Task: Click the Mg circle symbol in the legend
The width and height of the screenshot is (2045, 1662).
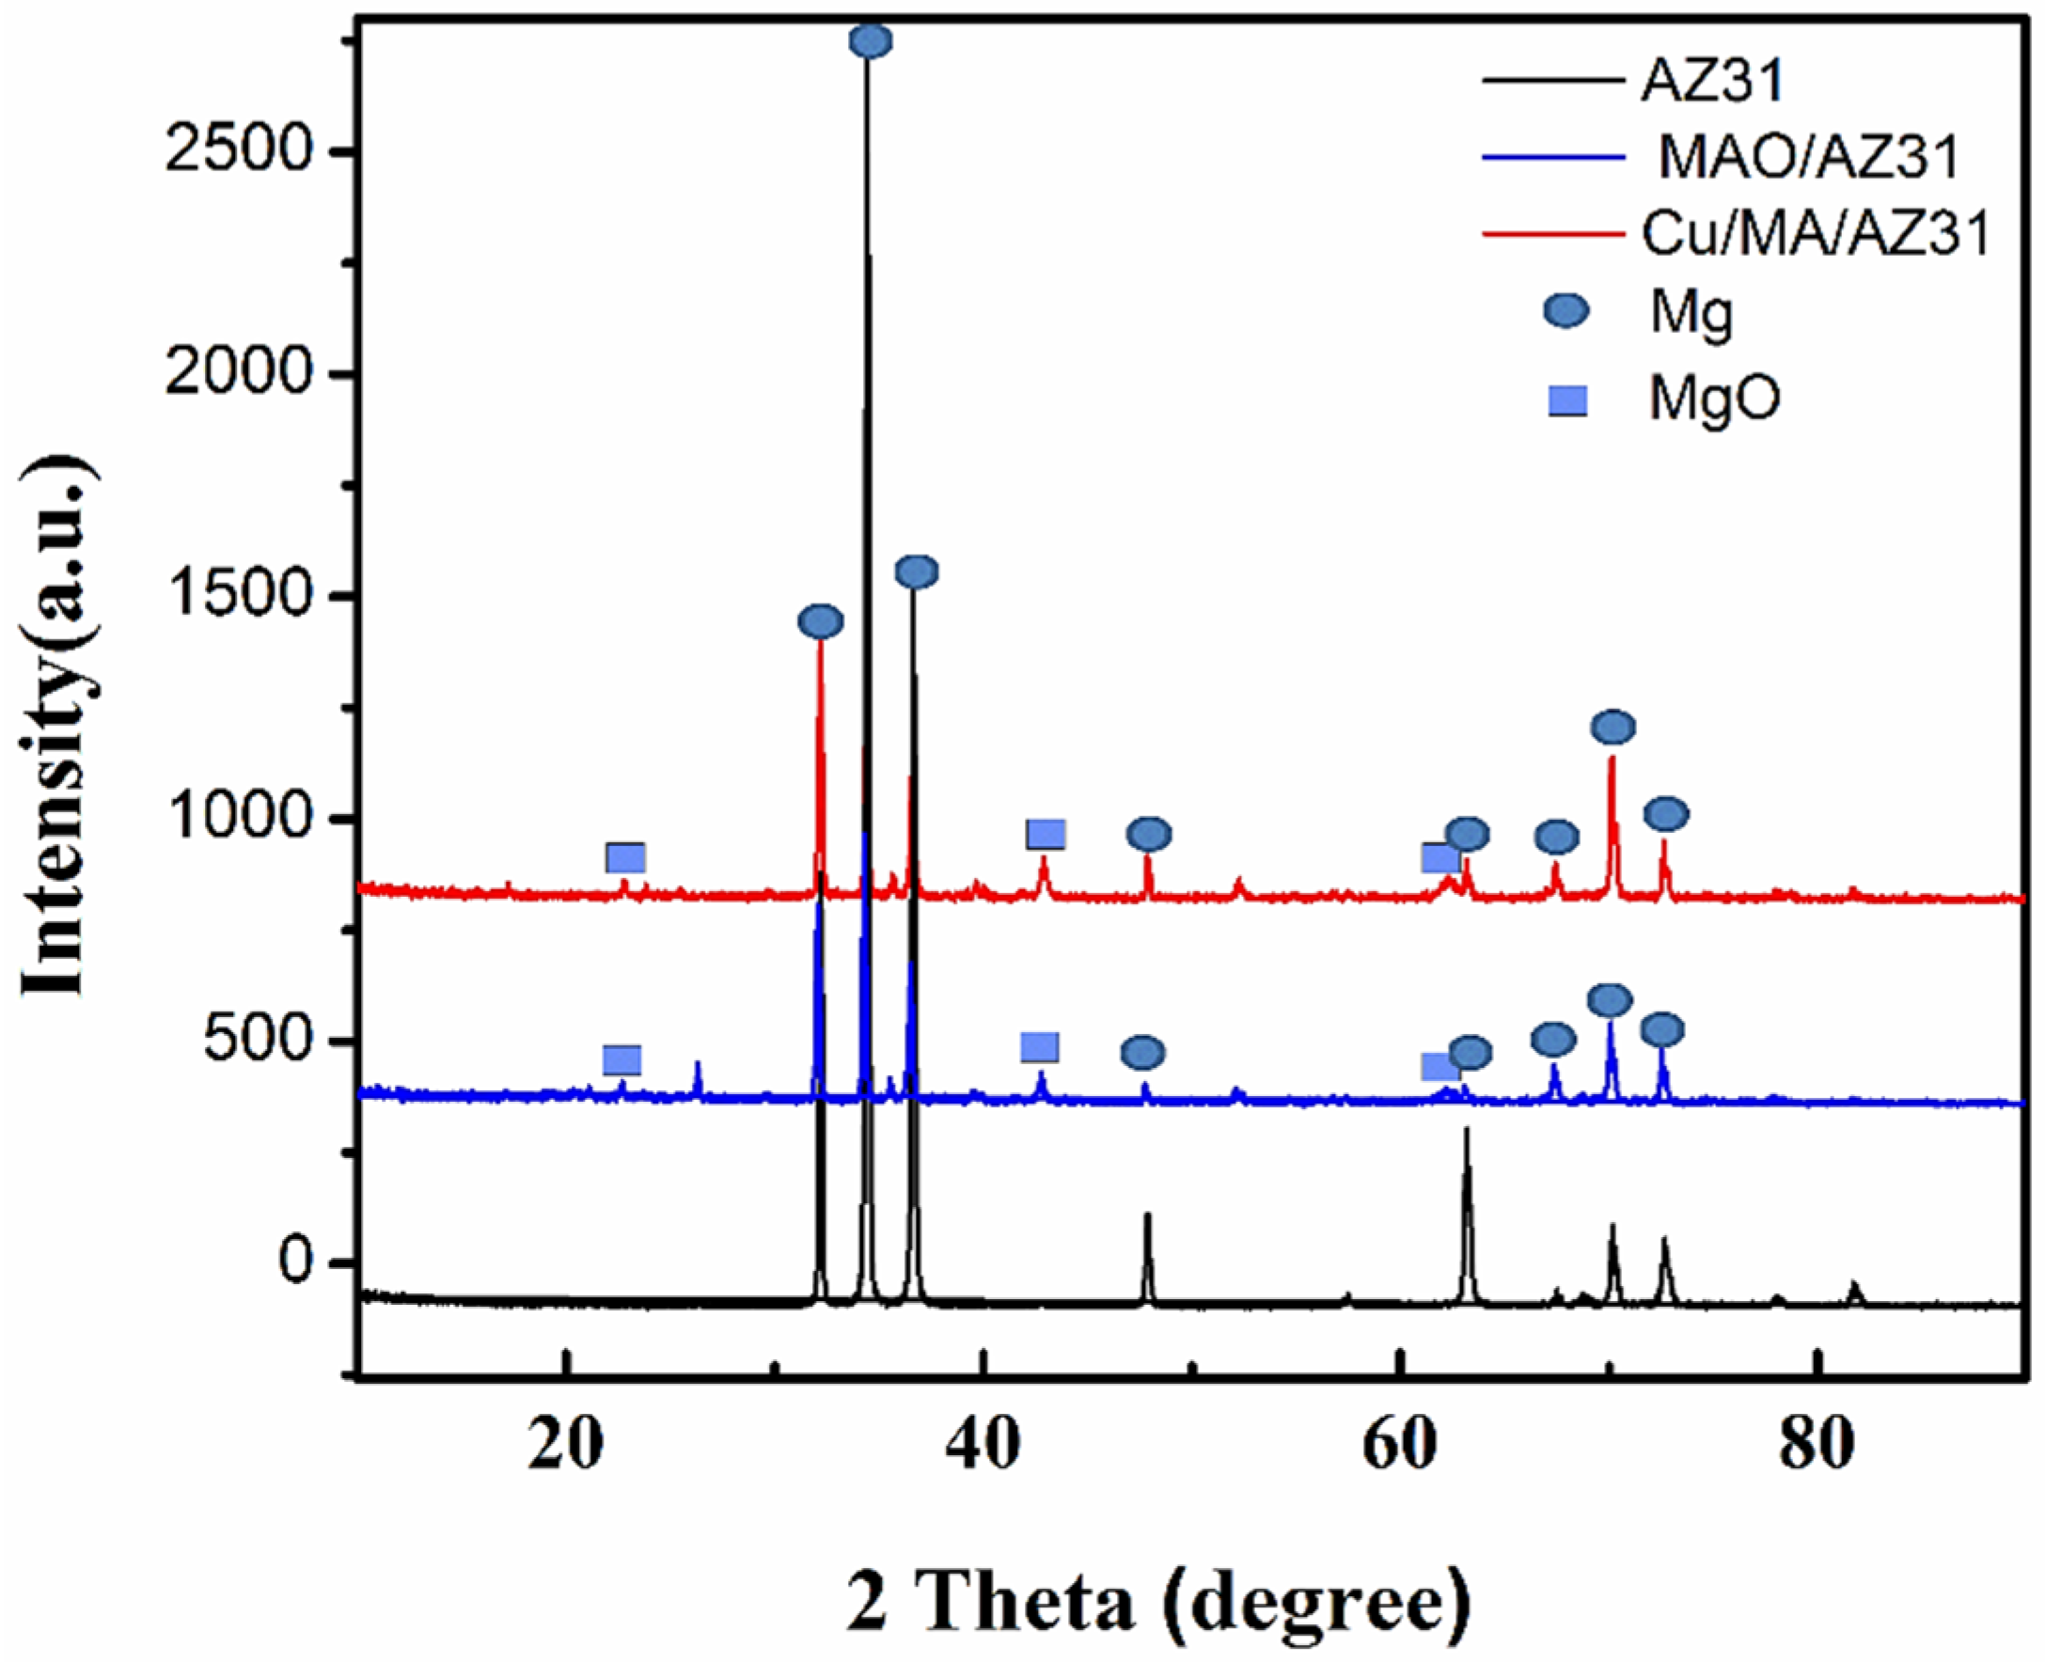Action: tap(1567, 311)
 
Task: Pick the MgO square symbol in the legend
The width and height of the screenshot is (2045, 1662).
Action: tap(1567, 400)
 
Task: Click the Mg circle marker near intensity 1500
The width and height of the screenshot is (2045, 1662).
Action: tap(916, 572)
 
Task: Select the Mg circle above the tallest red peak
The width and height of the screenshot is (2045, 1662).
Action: tap(821, 622)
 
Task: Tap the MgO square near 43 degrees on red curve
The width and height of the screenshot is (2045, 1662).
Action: tap(1046, 834)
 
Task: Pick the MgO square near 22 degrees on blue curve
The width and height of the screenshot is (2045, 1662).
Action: tap(622, 1059)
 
